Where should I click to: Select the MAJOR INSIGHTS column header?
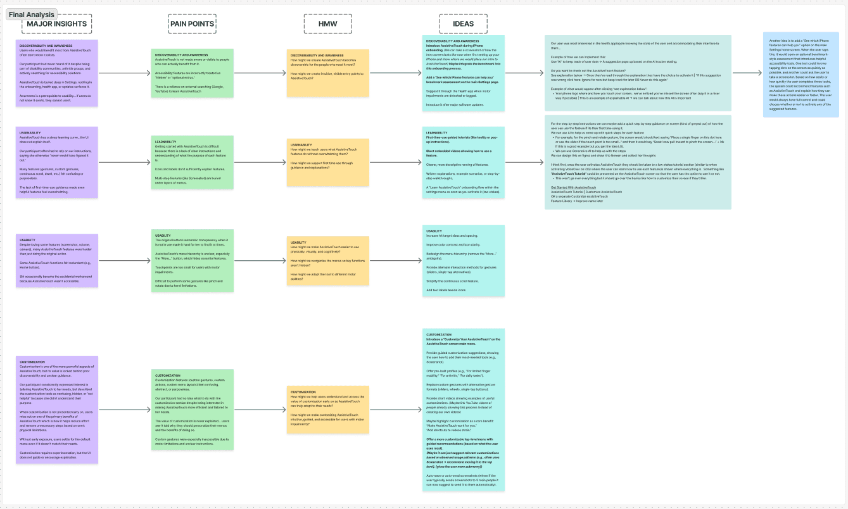57,24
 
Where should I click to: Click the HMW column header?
328,24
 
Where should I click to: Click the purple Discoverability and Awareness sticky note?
58,73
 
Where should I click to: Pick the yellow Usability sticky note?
328,260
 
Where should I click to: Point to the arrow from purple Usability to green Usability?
125,260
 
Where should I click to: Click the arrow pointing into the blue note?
747,72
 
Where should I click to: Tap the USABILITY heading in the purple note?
28,240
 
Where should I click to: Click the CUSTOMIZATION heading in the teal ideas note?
439,334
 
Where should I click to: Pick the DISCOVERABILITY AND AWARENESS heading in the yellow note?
317,56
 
